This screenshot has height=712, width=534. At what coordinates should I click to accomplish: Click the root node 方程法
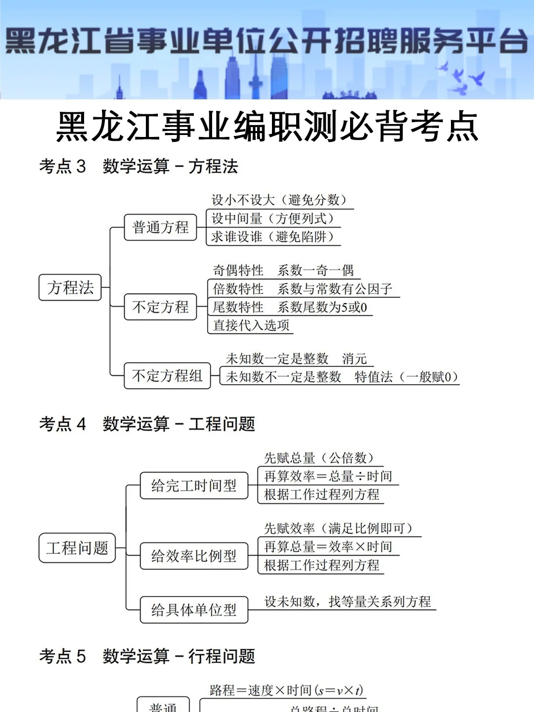click(x=70, y=288)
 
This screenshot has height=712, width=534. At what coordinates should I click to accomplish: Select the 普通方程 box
click(x=160, y=227)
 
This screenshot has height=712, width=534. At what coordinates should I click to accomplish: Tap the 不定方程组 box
click(x=167, y=376)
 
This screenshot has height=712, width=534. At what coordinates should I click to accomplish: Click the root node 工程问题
click(x=77, y=548)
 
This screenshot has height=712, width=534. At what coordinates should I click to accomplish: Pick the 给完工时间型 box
click(x=194, y=486)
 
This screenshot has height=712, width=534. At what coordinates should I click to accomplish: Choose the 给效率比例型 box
click(x=194, y=556)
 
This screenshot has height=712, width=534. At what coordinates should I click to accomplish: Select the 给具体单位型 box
click(x=194, y=610)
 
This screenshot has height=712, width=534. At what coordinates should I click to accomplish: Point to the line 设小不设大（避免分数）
click(x=279, y=200)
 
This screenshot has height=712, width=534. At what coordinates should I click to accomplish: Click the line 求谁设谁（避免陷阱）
click(x=272, y=237)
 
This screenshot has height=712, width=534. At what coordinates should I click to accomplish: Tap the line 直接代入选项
click(x=251, y=325)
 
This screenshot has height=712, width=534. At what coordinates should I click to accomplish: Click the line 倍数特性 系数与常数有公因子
click(x=303, y=289)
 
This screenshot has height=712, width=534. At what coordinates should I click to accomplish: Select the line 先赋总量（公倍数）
click(x=318, y=458)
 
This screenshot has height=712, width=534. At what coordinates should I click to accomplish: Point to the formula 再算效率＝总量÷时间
click(x=328, y=476)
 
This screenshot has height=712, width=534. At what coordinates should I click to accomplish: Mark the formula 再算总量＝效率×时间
click(x=328, y=547)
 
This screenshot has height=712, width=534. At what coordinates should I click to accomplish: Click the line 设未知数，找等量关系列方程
click(x=348, y=602)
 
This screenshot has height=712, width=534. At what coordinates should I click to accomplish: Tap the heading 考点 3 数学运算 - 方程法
click(x=138, y=167)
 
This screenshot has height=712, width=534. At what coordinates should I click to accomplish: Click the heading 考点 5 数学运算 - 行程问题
click(x=147, y=657)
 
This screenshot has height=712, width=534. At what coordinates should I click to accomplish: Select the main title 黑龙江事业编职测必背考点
click(x=267, y=127)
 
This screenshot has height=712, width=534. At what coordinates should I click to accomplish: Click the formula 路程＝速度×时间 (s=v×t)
click(x=286, y=690)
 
